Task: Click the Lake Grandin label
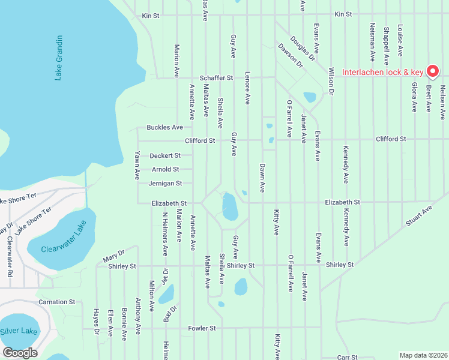(58, 58)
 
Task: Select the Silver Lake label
(19, 331)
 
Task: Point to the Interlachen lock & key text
(382, 73)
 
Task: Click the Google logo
(20, 353)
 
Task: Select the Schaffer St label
(216, 78)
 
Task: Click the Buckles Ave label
(164, 128)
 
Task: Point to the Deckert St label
(165, 155)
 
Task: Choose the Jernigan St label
(166, 184)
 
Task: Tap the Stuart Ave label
(419, 215)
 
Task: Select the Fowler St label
(202, 328)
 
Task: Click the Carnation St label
(56, 302)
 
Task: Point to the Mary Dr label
(113, 255)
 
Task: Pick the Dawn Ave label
(262, 178)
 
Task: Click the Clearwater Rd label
(10, 257)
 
